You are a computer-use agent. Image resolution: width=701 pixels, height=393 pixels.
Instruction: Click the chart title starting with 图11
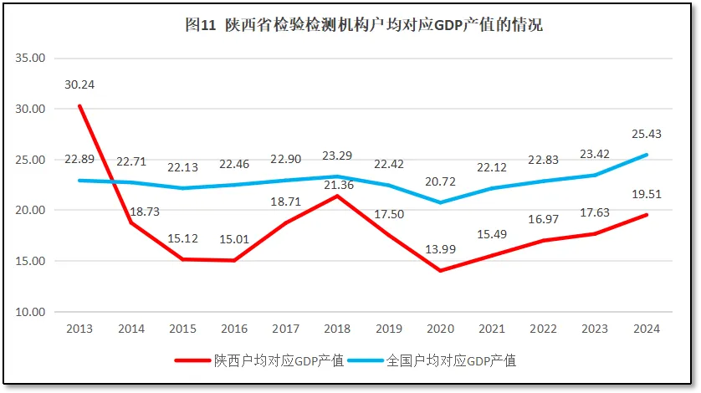pos(363,25)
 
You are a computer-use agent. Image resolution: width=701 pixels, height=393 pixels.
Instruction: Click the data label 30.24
pos(79,84)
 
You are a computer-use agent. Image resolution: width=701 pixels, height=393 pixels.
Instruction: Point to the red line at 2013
pos(79,105)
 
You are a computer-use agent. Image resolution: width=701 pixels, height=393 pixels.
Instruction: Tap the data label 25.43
pos(647,134)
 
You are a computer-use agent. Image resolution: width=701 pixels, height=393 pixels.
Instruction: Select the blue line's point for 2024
pos(647,155)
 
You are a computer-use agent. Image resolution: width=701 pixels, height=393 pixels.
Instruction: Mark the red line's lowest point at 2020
pos(440,271)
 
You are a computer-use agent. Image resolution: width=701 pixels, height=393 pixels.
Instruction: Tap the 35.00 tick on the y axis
pos(31,59)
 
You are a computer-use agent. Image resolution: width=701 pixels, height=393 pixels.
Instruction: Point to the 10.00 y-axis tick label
pos(31,312)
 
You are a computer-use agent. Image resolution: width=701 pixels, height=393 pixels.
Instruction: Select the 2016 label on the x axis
pos(234,329)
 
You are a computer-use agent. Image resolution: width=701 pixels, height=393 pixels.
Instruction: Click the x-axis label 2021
pos(492,329)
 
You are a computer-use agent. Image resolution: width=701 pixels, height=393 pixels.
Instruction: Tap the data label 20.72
pos(439,181)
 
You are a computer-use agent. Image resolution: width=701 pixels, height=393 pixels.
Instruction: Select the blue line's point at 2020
pos(440,202)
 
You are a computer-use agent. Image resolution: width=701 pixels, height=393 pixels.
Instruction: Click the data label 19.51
pos(647,194)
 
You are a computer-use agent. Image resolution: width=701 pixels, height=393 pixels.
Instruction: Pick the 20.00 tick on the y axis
pos(31,210)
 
